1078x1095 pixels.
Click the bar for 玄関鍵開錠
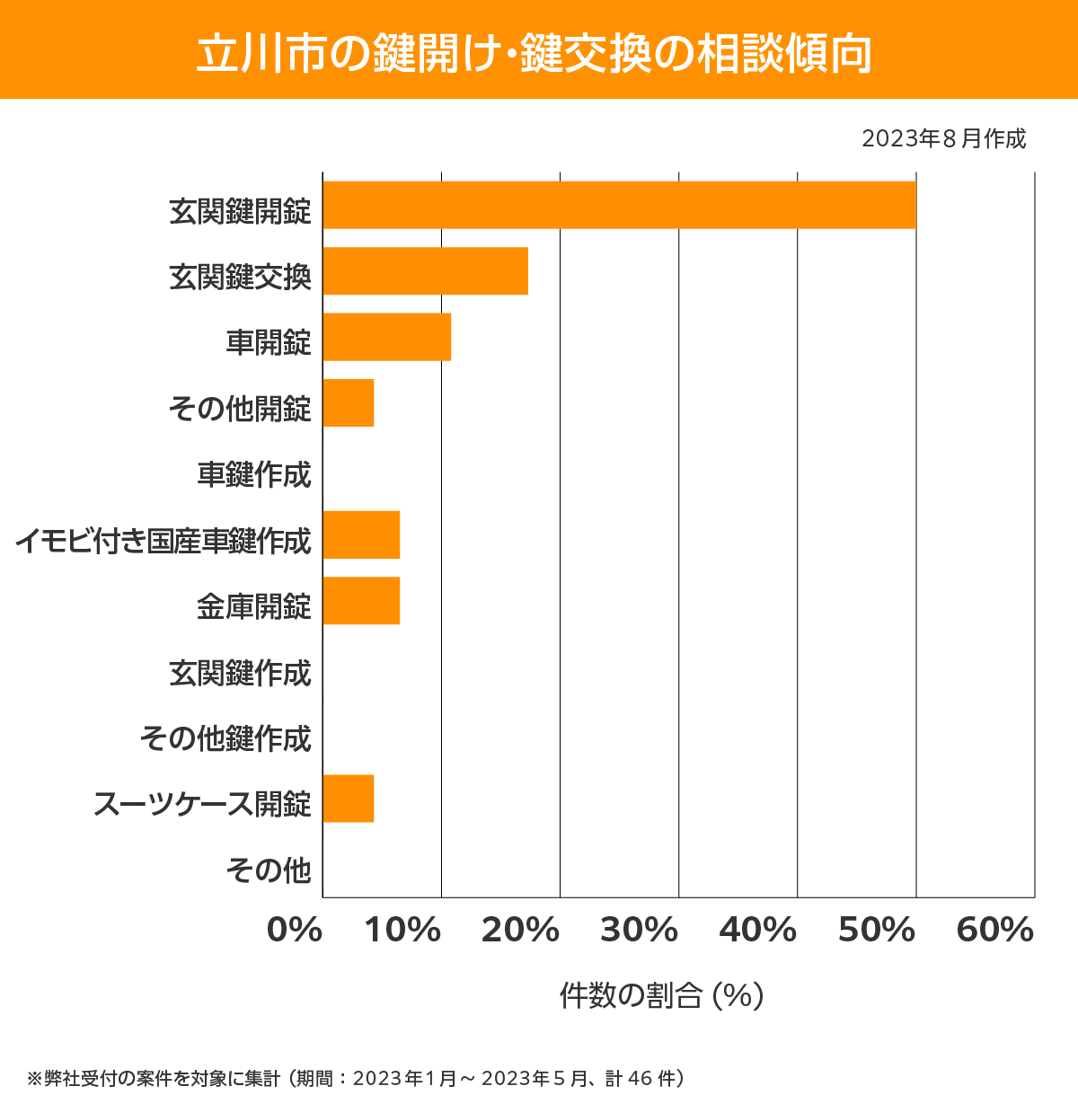[x=619, y=205]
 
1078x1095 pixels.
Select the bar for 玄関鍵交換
[x=425, y=270]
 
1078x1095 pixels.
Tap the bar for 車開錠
[x=386, y=337]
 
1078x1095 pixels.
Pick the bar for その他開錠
[x=348, y=402]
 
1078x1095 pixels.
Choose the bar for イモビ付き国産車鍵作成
[x=361, y=534]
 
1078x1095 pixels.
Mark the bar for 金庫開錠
[x=361, y=600]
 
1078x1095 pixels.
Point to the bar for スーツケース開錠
[x=348, y=798]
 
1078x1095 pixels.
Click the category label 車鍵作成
[x=254, y=474]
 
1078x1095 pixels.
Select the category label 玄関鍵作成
[x=240, y=672]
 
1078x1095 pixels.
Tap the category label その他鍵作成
[x=225, y=738]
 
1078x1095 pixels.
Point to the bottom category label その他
[x=269, y=870]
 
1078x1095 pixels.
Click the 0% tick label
[x=295, y=931]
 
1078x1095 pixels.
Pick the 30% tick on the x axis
[x=639, y=931]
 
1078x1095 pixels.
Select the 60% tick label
[x=995, y=931]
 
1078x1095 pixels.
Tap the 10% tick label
[x=402, y=931]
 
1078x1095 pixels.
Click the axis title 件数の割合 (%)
[x=661, y=995]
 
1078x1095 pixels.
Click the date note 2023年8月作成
[x=943, y=139]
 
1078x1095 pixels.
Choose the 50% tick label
[x=876, y=931]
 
